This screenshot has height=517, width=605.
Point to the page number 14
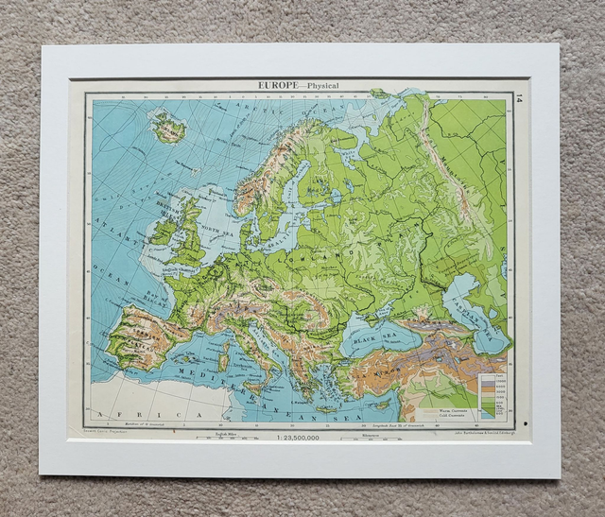(518, 97)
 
